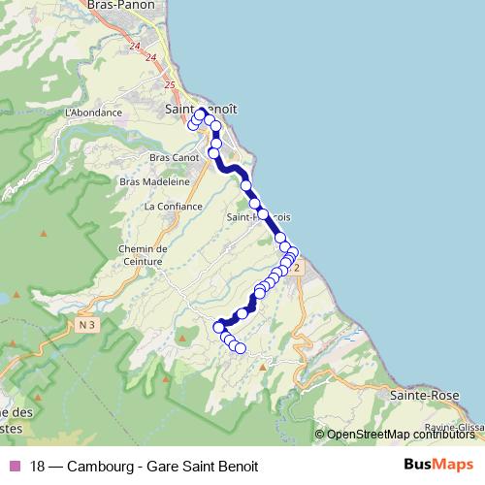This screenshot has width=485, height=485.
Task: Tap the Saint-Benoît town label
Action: [202, 111]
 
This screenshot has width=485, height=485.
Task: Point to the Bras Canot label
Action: [175, 157]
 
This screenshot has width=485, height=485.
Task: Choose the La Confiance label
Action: [173, 207]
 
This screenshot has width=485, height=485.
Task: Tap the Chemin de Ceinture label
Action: [144, 254]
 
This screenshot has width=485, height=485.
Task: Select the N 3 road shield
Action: [88, 325]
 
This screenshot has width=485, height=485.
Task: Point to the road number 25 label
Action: [171, 85]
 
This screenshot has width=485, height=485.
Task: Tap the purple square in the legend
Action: [13, 466]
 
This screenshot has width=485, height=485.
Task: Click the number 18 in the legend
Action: [37, 466]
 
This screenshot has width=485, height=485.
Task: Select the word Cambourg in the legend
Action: [103, 466]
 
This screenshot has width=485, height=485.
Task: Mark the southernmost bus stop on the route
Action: [241, 349]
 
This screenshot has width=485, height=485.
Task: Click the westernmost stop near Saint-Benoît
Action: [193, 125]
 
